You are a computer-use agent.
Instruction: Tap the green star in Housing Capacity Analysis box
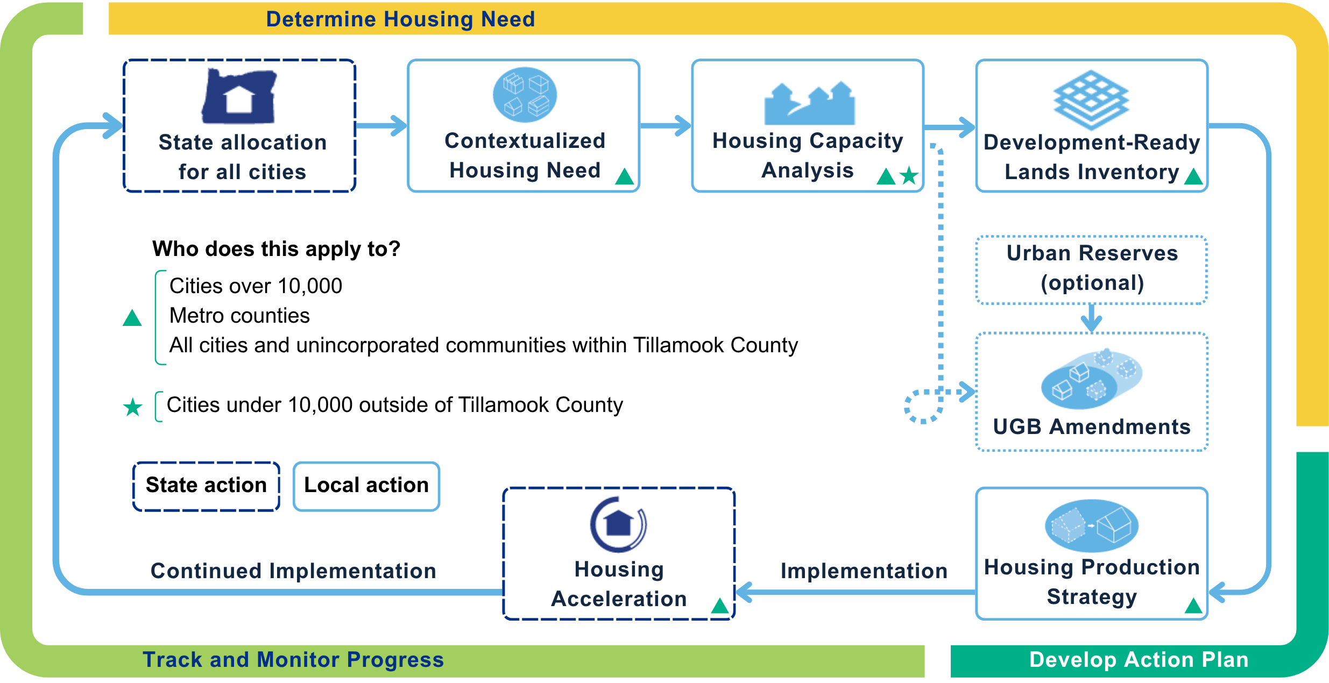pyautogui.click(x=909, y=175)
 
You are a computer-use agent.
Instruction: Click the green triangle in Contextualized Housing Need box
pyautogui.click(x=624, y=176)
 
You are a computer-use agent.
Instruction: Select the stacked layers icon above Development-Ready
pyautogui.click(x=1091, y=100)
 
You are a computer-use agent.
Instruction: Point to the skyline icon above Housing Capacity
pyautogui.click(x=809, y=103)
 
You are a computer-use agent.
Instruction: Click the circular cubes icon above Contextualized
pyautogui.click(x=525, y=95)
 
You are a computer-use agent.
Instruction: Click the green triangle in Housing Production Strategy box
pyautogui.click(x=1193, y=606)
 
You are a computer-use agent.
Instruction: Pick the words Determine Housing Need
pyautogui.click(x=400, y=19)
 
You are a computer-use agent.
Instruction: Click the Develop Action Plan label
pyautogui.click(x=1139, y=659)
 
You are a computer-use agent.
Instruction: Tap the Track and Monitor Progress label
pyautogui.click(x=293, y=659)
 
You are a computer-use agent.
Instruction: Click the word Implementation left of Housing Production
pyautogui.click(x=864, y=571)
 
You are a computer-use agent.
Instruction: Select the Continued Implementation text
pyautogui.click(x=293, y=571)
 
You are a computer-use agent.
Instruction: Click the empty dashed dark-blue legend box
pyautogui.click(x=206, y=486)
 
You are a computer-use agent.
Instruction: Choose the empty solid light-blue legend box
pyautogui.click(x=366, y=486)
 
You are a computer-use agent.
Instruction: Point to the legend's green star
pyautogui.click(x=132, y=408)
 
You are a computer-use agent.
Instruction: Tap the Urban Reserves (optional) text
pyautogui.click(x=1092, y=268)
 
